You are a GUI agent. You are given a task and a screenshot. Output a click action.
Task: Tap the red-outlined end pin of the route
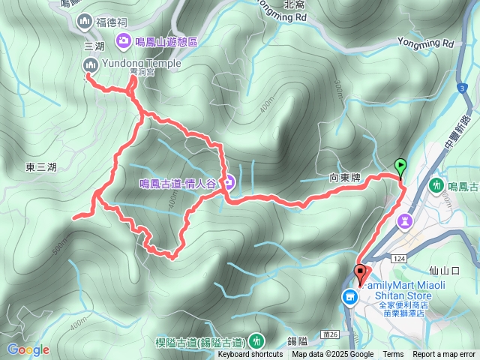[x=360, y=274]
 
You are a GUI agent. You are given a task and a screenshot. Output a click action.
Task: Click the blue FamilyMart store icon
[x=349, y=298]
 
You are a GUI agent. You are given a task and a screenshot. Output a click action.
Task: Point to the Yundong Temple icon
[x=89, y=66]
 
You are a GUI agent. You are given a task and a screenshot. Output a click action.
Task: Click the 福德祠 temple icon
[x=85, y=22]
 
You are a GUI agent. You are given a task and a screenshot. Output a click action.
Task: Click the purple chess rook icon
[x=406, y=220]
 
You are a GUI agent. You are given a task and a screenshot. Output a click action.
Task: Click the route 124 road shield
[x=398, y=258]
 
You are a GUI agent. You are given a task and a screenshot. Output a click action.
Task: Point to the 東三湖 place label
[x=40, y=166]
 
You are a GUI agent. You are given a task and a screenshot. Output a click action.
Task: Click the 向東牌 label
[x=346, y=178]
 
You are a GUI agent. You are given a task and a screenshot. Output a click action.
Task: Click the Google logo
[x=28, y=349]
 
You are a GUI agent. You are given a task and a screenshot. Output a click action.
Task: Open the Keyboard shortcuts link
[x=250, y=355]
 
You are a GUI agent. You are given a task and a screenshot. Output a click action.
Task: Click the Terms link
[x=393, y=355]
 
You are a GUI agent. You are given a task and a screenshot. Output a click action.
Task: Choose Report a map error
[x=444, y=355]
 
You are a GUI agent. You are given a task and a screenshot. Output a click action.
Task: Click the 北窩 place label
[x=294, y=4]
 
